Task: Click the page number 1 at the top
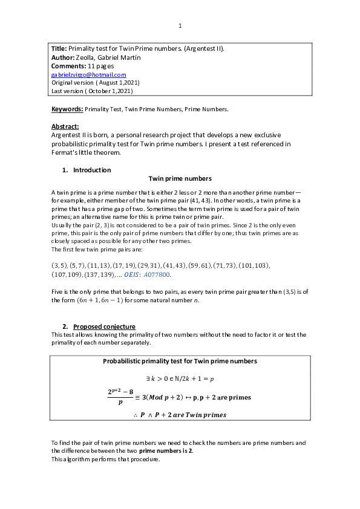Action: [x=180, y=25]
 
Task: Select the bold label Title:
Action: [x=59, y=48]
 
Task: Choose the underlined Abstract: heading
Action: [x=65, y=126]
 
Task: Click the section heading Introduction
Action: [x=92, y=170]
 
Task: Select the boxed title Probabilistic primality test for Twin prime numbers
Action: [x=180, y=361]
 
